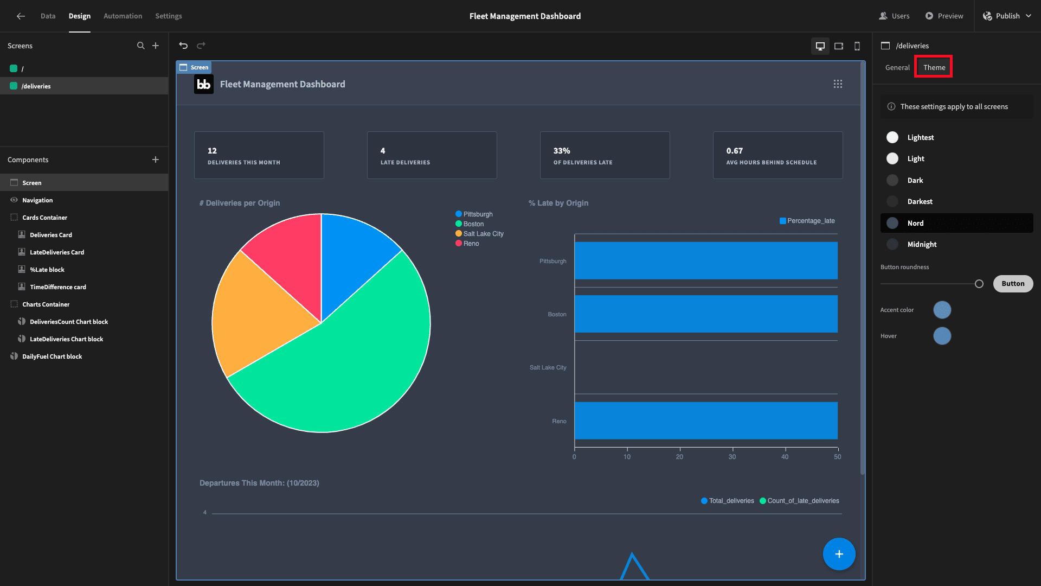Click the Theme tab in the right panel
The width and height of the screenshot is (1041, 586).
pyautogui.click(x=934, y=67)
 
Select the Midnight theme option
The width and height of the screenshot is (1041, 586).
pyautogui.click(x=922, y=244)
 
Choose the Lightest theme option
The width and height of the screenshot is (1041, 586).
pyautogui.click(x=920, y=137)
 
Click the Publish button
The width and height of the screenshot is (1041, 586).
pyautogui.click(x=1007, y=16)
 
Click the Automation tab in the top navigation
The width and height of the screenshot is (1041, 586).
pyautogui.click(x=123, y=16)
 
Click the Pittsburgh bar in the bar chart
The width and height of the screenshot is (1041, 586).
pyautogui.click(x=706, y=260)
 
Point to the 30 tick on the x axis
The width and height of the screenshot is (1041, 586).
pyautogui.click(x=732, y=457)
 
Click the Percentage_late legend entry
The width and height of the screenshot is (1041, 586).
pyautogui.click(x=807, y=221)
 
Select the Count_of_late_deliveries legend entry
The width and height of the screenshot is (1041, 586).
pyautogui.click(x=799, y=501)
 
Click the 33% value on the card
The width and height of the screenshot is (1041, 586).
pyautogui.click(x=562, y=150)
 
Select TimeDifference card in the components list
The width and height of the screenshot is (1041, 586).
pyautogui.click(x=57, y=287)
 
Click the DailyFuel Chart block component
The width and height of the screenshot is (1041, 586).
pyautogui.click(x=52, y=356)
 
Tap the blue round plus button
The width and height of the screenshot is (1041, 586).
pyautogui.click(x=839, y=554)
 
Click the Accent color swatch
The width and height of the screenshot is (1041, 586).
pyautogui.click(x=942, y=310)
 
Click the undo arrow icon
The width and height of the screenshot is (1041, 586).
pyautogui.click(x=183, y=46)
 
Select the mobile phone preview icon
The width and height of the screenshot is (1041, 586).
pyautogui.click(x=857, y=46)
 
